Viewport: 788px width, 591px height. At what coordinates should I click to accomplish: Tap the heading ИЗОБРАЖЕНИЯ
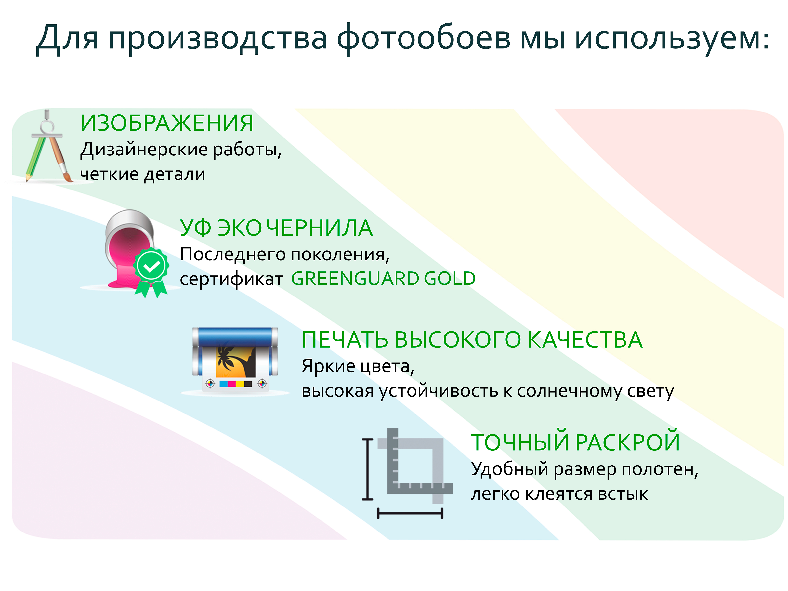167,123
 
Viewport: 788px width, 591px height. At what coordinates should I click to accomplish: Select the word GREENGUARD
355,279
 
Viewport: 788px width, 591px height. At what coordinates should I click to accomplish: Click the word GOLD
450,279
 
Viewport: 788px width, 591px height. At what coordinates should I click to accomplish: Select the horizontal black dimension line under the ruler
410,513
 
